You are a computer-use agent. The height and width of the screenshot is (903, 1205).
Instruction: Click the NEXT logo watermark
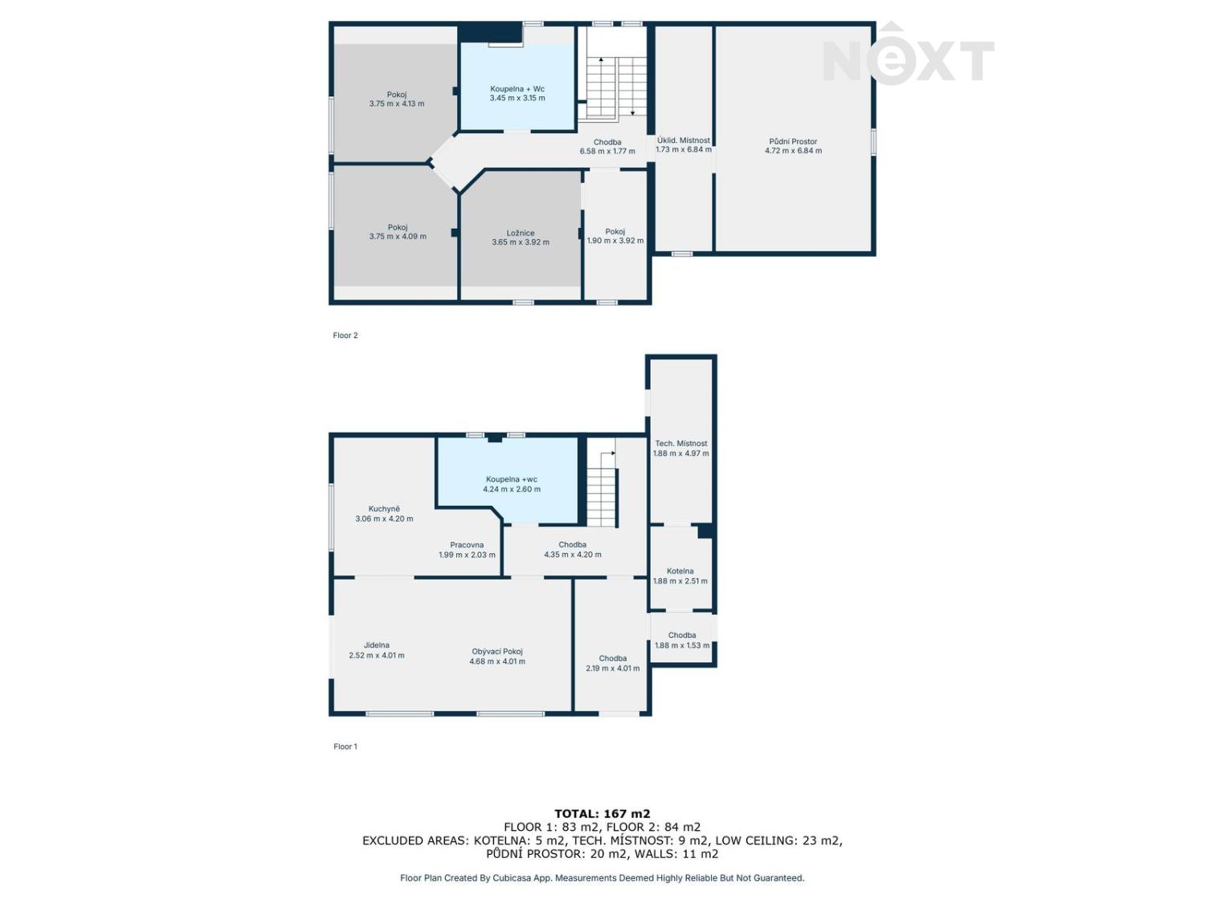click(908, 54)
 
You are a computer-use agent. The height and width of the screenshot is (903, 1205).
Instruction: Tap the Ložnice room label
click(520, 233)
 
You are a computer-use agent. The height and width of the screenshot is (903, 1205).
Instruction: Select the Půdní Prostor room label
click(793, 141)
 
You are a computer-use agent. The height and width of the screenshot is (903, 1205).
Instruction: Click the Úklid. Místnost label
click(683, 140)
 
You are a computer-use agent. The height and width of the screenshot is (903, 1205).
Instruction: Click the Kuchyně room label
click(384, 509)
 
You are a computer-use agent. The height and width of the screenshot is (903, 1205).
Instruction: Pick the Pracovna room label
click(467, 545)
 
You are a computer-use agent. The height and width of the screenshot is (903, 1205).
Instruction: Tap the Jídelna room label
click(376, 645)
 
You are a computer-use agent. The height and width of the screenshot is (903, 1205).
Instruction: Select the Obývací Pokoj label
click(496, 651)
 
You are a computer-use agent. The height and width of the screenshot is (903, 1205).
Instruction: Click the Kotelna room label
click(680, 571)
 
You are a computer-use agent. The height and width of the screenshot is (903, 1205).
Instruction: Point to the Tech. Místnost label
click(680, 443)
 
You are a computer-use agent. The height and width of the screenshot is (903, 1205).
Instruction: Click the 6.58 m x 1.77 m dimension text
click(607, 152)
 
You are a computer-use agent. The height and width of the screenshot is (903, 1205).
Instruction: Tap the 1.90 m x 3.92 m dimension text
click(615, 241)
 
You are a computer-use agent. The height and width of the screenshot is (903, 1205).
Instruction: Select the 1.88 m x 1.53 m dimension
click(682, 645)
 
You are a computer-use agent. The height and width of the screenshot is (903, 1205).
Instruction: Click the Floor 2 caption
click(345, 336)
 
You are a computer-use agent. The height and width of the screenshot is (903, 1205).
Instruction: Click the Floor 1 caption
click(345, 746)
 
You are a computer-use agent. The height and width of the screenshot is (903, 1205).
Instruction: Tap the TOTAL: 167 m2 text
click(602, 814)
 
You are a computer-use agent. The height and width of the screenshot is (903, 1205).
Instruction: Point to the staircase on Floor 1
click(602, 482)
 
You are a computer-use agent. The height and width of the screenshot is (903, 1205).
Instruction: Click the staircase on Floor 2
click(616, 87)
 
